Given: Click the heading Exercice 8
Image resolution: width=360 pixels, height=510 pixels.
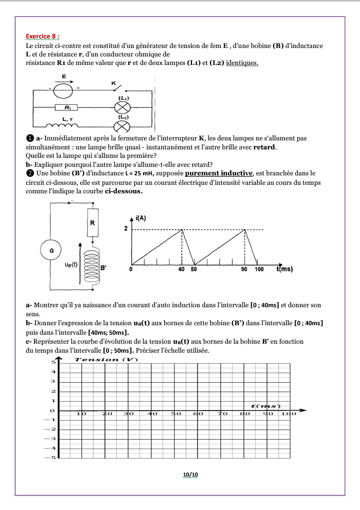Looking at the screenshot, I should click(42, 36).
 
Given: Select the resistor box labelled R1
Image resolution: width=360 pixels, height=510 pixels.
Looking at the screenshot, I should click(67, 107).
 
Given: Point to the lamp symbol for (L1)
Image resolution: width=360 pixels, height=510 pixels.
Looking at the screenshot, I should click(122, 107).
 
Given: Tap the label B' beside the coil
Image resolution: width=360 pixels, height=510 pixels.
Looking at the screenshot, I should click(104, 268).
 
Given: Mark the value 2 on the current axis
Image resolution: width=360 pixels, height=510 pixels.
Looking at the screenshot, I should click(126, 229).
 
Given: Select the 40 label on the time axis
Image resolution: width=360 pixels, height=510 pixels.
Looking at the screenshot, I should click(181, 269).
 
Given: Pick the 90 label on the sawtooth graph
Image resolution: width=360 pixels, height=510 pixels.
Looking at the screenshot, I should click(244, 269).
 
